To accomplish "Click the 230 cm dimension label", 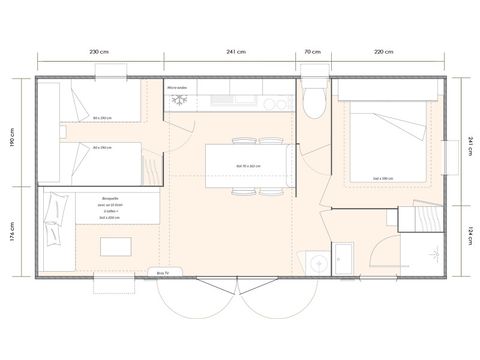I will coord(99,52).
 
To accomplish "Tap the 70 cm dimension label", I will coord(313,52).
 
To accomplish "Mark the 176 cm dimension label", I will coord(13,235).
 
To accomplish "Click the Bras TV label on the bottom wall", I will coord(162,270).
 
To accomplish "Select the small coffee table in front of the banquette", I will coord(118,247).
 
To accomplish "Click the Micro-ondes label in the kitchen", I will coord(180,87).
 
